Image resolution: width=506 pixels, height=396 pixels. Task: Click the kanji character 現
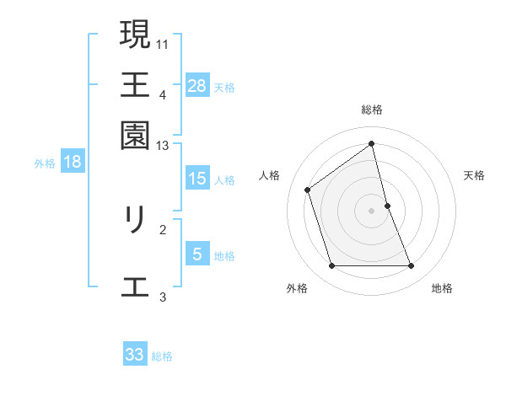(135, 35)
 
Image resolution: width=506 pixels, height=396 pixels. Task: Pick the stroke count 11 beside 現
(163, 43)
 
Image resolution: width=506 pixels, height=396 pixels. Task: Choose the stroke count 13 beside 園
(163, 146)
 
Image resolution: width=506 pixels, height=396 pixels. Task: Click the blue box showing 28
(197, 85)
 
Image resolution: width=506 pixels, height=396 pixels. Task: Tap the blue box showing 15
(197, 179)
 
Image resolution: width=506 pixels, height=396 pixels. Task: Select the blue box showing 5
(197, 254)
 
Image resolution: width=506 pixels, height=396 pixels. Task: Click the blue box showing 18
(73, 162)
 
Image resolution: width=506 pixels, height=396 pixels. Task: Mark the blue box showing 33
(135, 355)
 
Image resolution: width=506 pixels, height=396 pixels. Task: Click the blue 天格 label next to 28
(224, 87)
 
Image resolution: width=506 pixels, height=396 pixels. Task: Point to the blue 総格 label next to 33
(162, 356)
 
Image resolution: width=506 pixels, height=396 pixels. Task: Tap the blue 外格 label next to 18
(45, 163)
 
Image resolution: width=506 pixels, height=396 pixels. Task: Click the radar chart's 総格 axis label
(372, 110)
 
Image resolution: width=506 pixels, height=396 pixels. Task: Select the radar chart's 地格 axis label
(442, 288)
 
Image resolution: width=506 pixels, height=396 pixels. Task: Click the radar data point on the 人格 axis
(308, 190)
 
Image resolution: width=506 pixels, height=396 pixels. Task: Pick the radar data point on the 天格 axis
(387, 206)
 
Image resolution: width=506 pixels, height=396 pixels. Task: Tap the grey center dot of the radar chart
(372, 211)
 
